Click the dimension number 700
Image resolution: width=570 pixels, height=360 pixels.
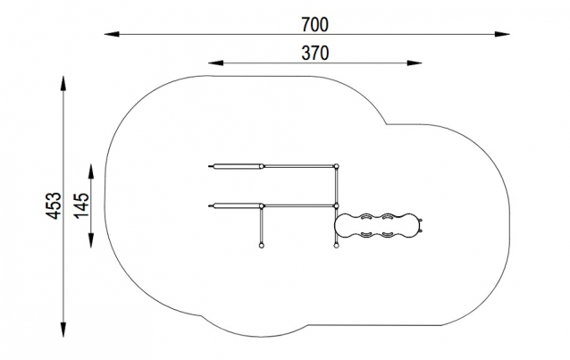(x=314, y=25)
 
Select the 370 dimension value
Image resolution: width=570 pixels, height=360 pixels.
(x=314, y=53)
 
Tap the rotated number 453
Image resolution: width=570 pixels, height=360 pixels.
(x=54, y=205)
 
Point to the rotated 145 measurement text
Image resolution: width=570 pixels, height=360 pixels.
(x=82, y=205)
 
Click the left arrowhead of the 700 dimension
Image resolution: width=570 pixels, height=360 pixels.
(x=112, y=34)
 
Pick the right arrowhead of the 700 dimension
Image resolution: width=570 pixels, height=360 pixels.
(x=502, y=34)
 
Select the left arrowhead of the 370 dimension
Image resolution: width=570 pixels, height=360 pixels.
(x=216, y=63)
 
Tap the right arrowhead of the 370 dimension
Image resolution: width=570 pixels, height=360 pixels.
(x=415, y=63)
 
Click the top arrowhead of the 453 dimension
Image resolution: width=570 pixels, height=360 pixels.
(x=63, y=83)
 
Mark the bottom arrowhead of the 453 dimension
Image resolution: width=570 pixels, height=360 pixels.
(x=63, y=330)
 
